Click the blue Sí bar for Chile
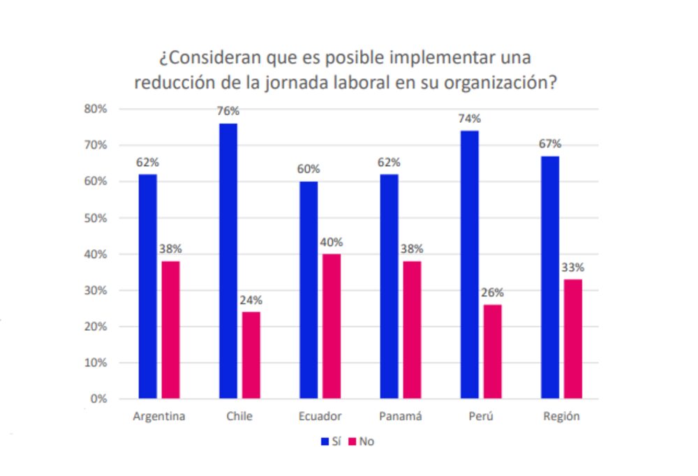click(228, 261)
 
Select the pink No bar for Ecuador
click(332, 327)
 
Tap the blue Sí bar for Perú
click(470, 265)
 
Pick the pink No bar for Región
click(573, 339)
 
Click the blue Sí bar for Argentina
click(147, 286)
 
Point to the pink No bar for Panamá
click(412, 330)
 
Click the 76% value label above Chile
click(228, 111)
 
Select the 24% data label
click(251, 300)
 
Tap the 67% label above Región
click(550, 144)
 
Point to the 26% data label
click(493, 292)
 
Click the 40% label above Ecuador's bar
click(332, 242)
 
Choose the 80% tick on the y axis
click(95, 109)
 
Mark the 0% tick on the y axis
click(98, 399)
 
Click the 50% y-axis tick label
click(95, 218)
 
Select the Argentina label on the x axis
click(159, 417)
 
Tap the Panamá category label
click(401, 417)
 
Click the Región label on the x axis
click(562, 417)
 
